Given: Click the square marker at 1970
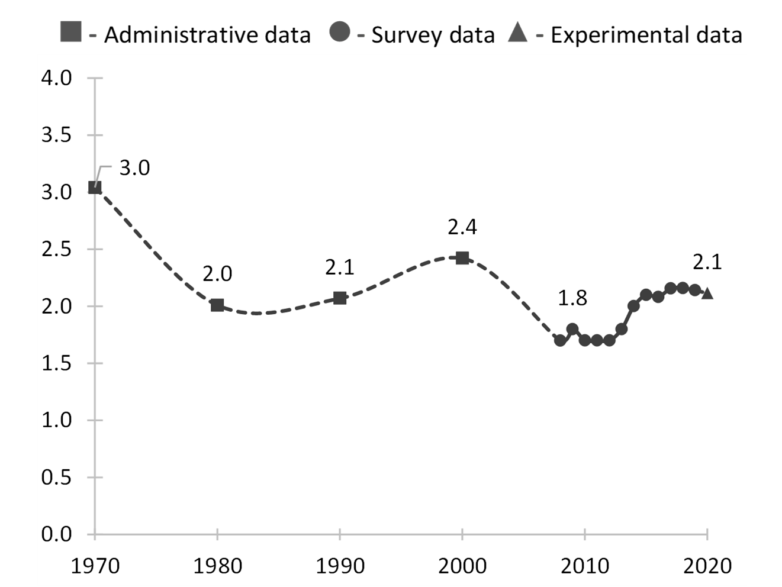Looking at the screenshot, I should click(95, 188).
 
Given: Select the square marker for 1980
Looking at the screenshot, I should click(217, 305).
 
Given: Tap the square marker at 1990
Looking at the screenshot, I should click(340, 298).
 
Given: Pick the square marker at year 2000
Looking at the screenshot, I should click(462, 257).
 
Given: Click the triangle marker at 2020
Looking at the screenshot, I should click(707, 293).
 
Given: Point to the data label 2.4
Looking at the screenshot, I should click(462, 227).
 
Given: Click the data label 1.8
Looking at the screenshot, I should click(572, 298).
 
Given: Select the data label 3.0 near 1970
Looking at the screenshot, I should click(134, 168).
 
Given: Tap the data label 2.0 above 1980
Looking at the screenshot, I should click(217, 274).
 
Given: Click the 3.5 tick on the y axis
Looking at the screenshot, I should click(56, 135).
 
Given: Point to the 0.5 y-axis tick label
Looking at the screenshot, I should click(56, 477).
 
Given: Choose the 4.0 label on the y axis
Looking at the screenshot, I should click(56, 78).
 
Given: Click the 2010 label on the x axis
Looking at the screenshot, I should click(585, 566).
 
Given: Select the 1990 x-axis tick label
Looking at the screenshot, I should click(340, 566).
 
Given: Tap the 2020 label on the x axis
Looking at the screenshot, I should click(707, 566).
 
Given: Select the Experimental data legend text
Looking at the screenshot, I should click(646, 35).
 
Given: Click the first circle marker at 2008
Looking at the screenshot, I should click(560, 340).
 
